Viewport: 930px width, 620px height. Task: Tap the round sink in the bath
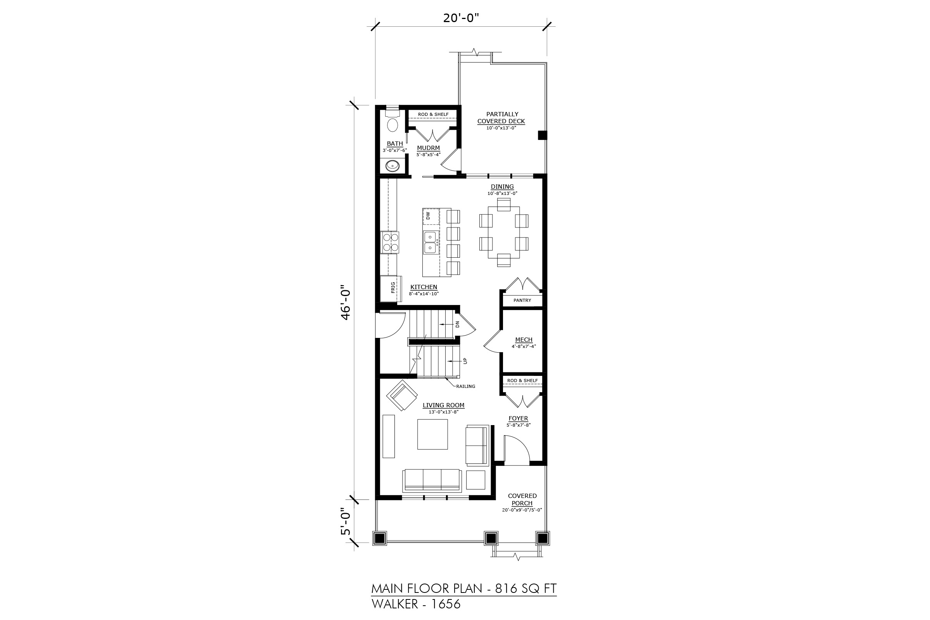[392, 165]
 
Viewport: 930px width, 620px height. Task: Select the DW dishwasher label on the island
[428, 216]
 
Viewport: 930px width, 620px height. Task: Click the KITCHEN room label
[424, 287]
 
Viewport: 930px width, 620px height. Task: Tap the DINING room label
[502, 187]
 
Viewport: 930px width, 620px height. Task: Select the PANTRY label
[522, 301]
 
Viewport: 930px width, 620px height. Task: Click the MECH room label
[524, 340]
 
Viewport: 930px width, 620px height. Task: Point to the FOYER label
[518, 418]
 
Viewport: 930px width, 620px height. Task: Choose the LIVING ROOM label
[444, 405]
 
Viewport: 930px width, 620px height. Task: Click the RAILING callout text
[466, 386]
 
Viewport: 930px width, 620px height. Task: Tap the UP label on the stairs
[465, 361]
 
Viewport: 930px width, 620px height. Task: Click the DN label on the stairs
[458, 324]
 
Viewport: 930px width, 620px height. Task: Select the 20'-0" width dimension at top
[461, 18]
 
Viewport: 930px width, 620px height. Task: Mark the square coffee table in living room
[432, 434]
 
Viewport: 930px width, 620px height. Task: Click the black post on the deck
[542, 135]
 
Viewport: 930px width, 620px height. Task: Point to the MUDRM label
[428, 148]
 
